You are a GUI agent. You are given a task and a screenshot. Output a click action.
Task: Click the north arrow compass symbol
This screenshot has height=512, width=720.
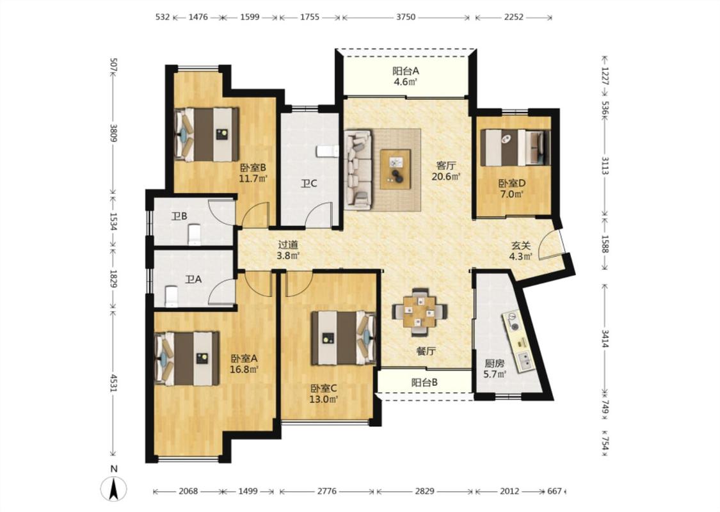(x=114, y=488)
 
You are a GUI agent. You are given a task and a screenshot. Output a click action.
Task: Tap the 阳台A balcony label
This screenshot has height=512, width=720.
(x=406, y=71)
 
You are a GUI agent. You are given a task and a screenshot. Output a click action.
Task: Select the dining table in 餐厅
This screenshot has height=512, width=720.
(x=420, y=312)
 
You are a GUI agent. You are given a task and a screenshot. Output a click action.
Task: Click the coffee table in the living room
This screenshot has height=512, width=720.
(x=396, y=169)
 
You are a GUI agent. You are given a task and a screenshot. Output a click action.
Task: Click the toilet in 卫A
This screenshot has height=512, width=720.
(x=171, y=296)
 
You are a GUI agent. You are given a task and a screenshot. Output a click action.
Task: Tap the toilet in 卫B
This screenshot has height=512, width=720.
(x=195, y=235)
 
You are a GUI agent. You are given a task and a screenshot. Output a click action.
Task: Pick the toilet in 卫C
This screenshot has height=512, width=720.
(x=328, y=152)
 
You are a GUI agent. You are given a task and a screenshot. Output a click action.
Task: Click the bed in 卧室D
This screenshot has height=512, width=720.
(x=515, y=147)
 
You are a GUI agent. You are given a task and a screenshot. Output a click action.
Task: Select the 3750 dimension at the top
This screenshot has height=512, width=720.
(x=406, y=17)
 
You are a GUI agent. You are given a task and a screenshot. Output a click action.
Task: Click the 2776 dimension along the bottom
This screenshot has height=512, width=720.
(x=326, y=492)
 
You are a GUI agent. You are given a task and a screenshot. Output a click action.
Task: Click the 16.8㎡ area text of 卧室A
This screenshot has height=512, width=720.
(x=244, y=368)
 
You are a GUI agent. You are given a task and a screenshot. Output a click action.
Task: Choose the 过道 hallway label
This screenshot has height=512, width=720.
(x=288, y=245)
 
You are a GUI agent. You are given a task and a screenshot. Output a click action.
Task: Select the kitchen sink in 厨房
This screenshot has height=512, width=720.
(x=524, y=361)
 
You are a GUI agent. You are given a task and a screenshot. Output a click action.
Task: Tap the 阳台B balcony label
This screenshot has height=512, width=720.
(x=424, y=382)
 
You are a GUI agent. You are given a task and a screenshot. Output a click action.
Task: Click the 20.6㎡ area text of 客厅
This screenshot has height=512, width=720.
(x=446, y=176)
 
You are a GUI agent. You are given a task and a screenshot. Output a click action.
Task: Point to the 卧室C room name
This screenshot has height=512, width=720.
(x=324, y=389)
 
